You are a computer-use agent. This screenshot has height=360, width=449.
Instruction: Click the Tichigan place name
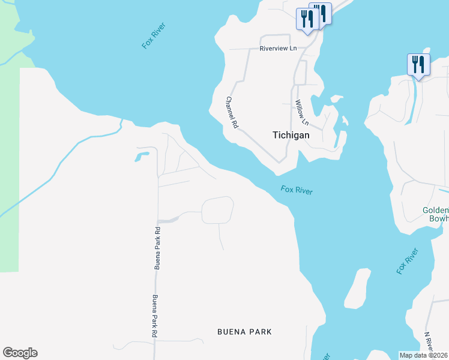[x=291, y=135]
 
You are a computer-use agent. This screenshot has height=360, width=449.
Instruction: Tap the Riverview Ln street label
[x=278, y=49]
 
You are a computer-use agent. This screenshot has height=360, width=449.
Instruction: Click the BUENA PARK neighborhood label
[x=244, y=331]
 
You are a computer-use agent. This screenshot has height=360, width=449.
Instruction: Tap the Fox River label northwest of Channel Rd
[x=153, y=35]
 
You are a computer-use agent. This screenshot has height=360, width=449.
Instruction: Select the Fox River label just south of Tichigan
[x=297, y=190]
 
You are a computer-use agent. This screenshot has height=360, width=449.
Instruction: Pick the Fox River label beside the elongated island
[x=406, y=260]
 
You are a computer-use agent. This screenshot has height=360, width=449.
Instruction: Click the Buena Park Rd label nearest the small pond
[x=158, y=247]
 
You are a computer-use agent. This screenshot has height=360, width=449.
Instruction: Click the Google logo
[x=20, y=353]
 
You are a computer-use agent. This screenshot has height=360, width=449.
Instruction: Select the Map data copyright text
[x=424, y=355]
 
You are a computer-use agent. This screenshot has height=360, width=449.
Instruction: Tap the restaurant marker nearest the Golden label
[x=418, y=64]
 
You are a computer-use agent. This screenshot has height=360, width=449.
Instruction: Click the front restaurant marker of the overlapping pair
[x=307, y=19]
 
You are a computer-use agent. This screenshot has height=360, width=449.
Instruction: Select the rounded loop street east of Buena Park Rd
[x=217, y=210]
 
